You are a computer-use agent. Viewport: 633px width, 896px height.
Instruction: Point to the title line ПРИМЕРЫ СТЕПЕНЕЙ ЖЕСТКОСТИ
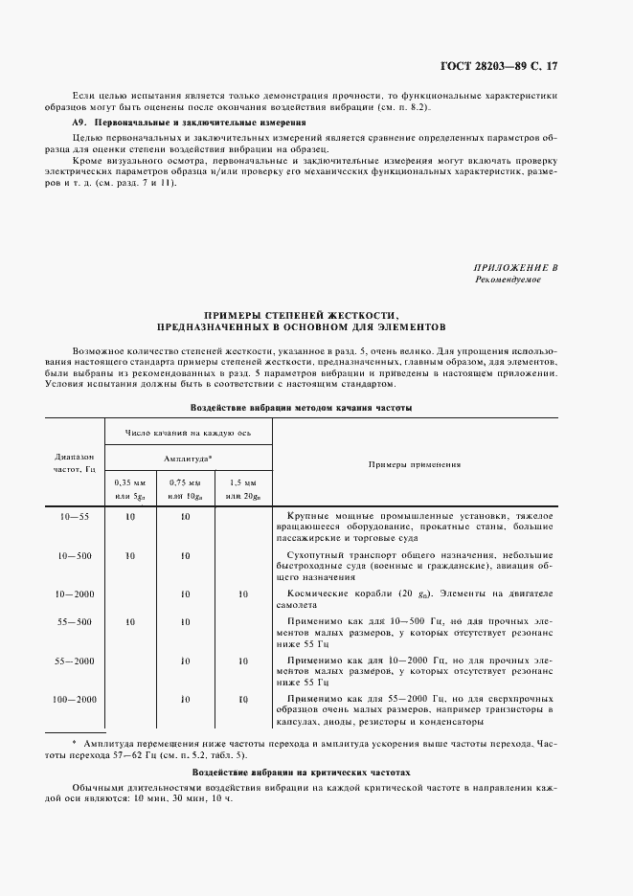(302, 315)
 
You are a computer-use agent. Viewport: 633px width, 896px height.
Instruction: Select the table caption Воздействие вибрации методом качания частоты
(302, 407)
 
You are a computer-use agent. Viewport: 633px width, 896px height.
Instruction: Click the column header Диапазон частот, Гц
(74, 463)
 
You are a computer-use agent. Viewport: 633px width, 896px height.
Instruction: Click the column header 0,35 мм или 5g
(130, 488)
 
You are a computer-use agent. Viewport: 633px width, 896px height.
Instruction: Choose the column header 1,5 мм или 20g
(243, 488)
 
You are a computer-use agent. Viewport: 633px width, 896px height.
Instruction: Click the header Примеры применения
(415, 464)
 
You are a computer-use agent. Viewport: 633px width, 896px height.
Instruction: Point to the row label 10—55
(74, 517)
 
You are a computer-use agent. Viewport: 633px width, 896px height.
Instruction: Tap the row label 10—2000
(74, 594)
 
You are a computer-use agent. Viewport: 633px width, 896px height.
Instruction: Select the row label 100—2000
(74, 700)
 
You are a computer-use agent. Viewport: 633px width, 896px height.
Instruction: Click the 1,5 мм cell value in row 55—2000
(243, 661)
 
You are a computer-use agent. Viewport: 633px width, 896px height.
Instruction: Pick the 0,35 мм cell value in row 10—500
(130, 555)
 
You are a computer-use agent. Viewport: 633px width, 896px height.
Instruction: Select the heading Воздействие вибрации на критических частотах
(302, 771)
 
